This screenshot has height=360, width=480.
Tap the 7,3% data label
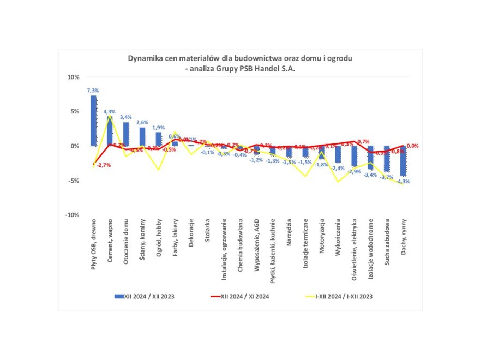point(93,91)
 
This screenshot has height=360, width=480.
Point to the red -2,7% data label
point(104,165)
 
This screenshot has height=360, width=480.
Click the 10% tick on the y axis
point(73,77)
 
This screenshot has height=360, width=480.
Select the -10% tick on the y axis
point(71,215)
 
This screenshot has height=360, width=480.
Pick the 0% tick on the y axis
point(75,146)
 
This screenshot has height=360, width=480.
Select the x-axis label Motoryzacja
point(322,239)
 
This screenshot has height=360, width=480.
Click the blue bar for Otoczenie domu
point(126,134)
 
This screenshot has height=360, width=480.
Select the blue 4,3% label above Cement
point(110,111)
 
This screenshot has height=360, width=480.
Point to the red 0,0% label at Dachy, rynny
point(412,146)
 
